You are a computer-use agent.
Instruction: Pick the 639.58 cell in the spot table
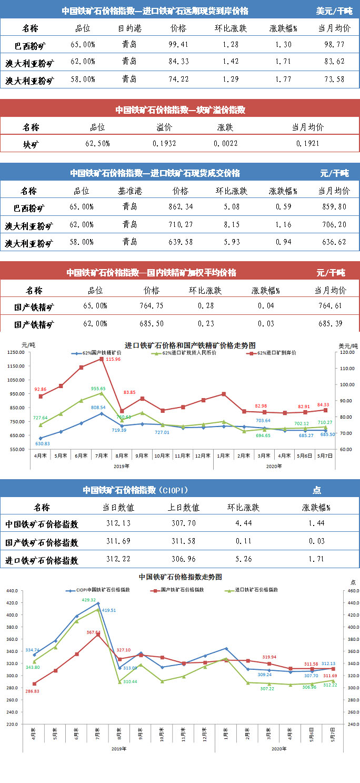(x=180, y=242)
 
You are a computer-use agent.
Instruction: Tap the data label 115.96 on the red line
(x=113, y=359)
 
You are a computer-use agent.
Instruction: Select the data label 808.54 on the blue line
(x=99, y=408)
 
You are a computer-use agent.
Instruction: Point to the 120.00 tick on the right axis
(x=346, y=353)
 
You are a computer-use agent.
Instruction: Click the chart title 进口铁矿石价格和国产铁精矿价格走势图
(x=191, y=345)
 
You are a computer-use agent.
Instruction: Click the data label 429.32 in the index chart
(x=88, y=600)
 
